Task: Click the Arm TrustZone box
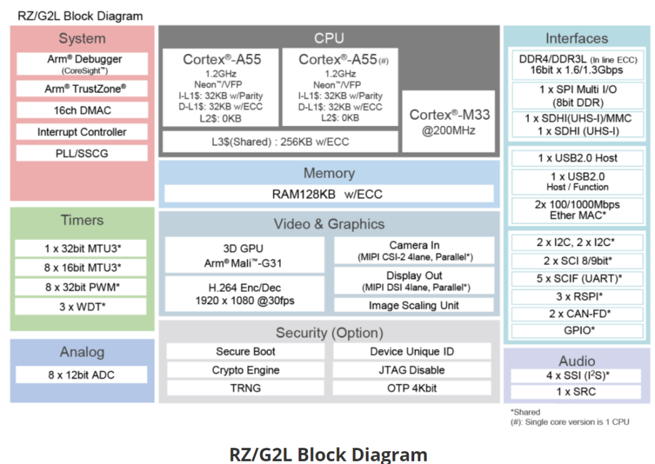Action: click(82, 88)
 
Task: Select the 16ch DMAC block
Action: click(82, 110)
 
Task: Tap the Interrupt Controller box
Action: click(82, 132)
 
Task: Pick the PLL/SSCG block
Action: click(82, 153)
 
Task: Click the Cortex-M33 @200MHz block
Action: click(449, 122)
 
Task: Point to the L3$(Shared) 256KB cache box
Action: click(280, 142)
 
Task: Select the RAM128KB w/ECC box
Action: click(329, 194)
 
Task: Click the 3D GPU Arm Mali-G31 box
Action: click(244, 256)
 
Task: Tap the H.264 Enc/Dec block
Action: click(244, 294)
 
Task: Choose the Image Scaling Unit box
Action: click(414, 305)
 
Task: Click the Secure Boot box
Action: click(246, 351)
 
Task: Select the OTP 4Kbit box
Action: click(412, 388)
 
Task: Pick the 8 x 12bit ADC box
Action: click(81, 375)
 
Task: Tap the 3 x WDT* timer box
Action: click(81, 307)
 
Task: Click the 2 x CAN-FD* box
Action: click(576, 314)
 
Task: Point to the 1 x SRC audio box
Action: click(576, 392)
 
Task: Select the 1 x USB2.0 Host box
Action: click(576, 158)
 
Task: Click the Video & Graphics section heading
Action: click(329, 224)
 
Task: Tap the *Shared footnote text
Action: click(525, 412)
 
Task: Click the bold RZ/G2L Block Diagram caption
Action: click(328, 454)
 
